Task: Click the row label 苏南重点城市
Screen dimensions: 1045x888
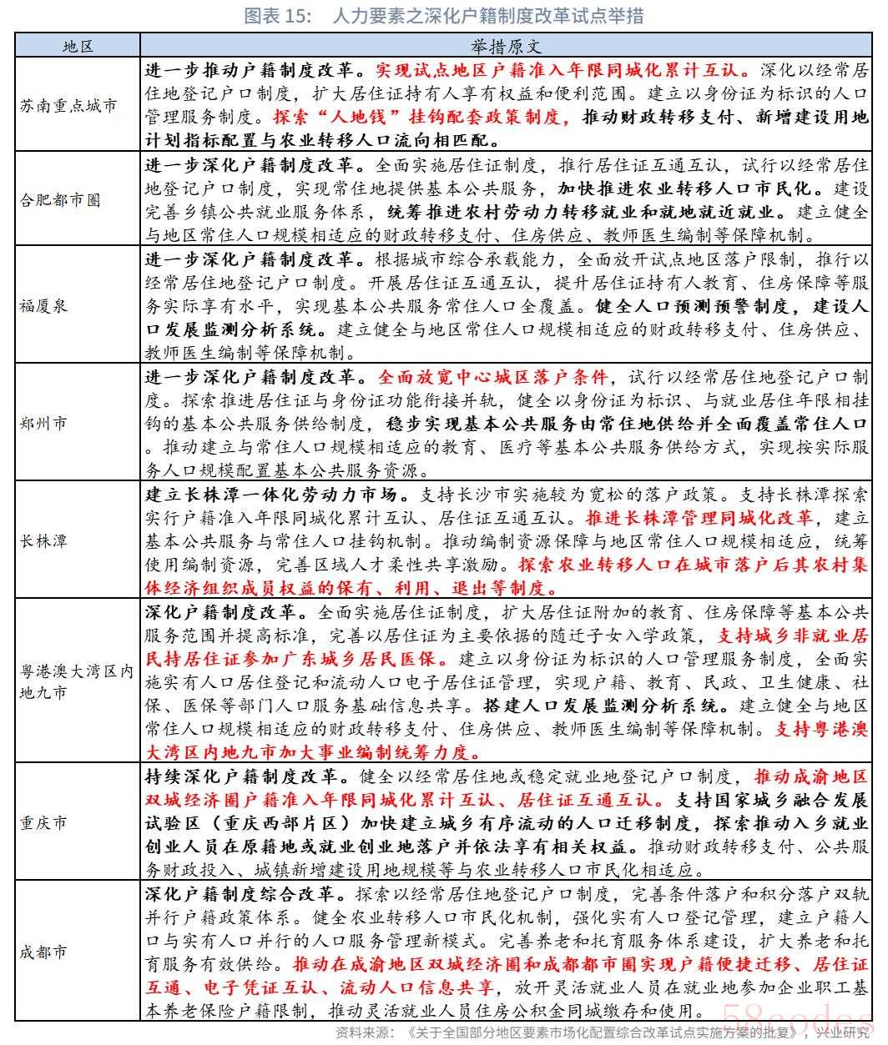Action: [x=68, y=105]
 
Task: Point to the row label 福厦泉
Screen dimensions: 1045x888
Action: [x=44, y=305]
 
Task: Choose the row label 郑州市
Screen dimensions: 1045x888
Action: [x=44, y=423]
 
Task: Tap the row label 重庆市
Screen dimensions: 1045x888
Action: [x=44, y=823]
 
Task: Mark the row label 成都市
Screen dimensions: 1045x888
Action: [x=44, y=952]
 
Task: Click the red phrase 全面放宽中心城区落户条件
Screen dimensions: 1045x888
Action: [x=493, y=376]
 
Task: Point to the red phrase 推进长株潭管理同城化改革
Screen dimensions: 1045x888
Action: [x=699, y=517]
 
